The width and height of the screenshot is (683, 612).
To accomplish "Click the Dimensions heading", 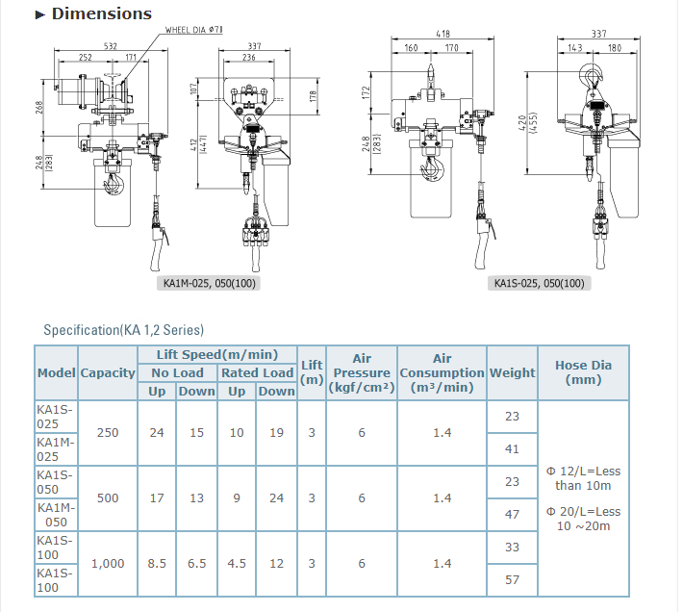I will pos(101,13).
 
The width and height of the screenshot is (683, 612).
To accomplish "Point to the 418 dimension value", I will pos(442,34).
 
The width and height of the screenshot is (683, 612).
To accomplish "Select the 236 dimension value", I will pos(248,58).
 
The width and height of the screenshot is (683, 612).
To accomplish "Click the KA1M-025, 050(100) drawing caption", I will pos(212,283).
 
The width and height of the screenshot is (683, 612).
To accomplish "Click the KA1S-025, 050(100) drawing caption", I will pos(539,283).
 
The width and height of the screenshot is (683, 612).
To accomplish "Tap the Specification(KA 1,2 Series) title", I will pos(124,330).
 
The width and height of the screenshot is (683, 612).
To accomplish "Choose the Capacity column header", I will pos(108,372).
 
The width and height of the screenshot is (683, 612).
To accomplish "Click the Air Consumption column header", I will pos(442,372).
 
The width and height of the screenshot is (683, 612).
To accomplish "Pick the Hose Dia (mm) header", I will pos(583,372).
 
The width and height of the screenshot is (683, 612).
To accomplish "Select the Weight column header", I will pos(512,372).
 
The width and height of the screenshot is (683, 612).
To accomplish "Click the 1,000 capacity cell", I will pos(108,563).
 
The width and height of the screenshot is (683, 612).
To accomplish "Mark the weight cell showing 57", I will pos(512,579).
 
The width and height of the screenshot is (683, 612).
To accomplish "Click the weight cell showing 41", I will pos(512,448).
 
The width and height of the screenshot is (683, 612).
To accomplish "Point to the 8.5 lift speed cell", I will pos(157,563).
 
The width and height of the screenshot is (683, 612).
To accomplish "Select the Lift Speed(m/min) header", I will pos(217,354).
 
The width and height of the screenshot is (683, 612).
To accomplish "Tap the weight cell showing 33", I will pos(512,547).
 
